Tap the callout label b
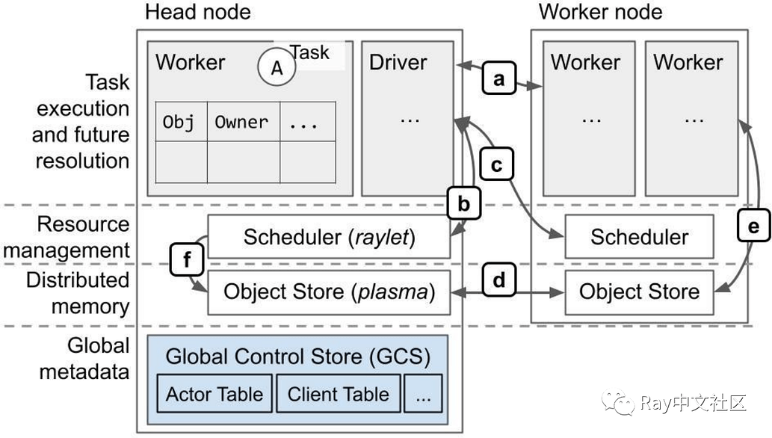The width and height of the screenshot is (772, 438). [464, 204]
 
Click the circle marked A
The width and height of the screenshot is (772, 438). [277, 68]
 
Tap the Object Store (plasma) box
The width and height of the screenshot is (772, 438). [329, 292]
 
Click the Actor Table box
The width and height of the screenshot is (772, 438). [214, 394]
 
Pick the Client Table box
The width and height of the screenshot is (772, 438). [338, 394]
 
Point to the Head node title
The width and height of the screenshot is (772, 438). [197, 12]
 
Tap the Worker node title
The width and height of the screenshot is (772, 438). [600, 12]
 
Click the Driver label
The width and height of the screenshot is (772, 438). [398, 62]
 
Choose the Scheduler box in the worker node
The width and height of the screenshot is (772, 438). [639, 238]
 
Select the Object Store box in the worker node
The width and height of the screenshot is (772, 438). [639, 292]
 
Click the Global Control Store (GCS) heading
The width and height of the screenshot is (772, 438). [297, 357]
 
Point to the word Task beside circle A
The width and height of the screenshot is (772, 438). [309, 52]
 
